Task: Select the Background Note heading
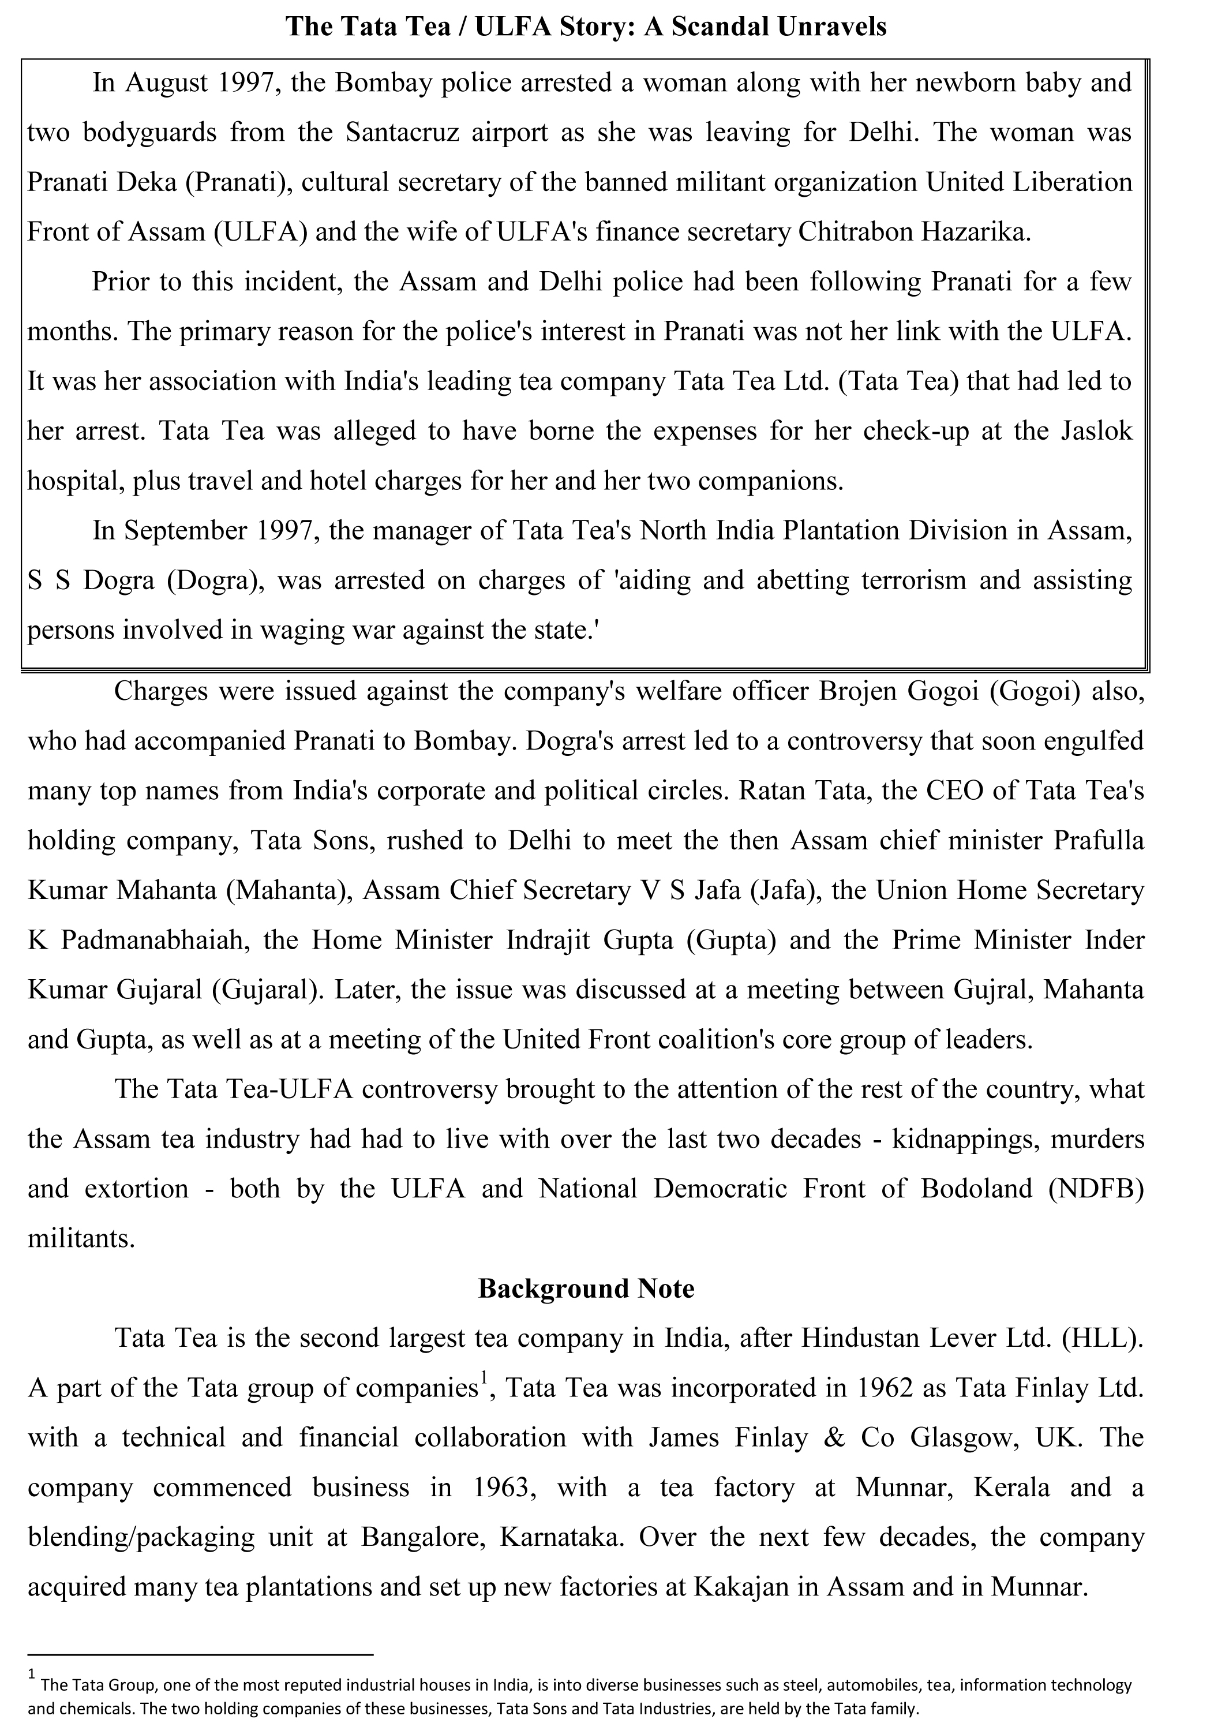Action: tap(586, 1288)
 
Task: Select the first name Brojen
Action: tap(856, 691)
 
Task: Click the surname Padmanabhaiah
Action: tap(155, 941)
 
